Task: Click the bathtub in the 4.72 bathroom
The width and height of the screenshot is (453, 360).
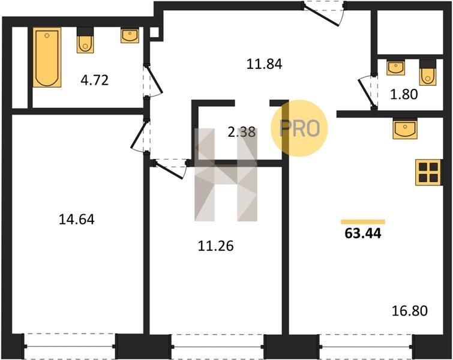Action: click(47, 57)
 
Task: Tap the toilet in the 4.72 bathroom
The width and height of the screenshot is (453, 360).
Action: click(85, 40)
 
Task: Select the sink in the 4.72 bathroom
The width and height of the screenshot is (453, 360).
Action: click(130, 35)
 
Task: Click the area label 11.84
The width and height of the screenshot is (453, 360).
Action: click(264, 64)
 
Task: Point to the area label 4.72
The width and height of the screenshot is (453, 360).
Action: click(94, 80)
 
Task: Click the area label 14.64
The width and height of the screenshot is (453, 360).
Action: click(77, 219)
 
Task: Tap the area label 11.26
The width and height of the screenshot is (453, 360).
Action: click(216, 246)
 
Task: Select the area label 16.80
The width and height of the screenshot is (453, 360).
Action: click(410, 311)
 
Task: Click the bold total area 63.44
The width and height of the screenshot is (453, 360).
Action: click(363, 233)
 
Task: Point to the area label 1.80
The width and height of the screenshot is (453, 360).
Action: click(404, 94)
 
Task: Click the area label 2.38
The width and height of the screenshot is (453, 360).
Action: click(242, 133)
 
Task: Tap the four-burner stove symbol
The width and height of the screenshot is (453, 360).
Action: click(428, 172)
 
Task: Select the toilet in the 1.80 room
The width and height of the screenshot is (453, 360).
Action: click(428, 73)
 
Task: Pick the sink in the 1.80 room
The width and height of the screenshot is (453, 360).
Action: click(395, 68)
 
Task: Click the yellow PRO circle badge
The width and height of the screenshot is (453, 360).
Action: click(299, 128)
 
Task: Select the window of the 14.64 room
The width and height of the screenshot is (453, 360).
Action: click(70, 346)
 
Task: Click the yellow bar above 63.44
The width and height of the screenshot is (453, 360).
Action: click(363, 222)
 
